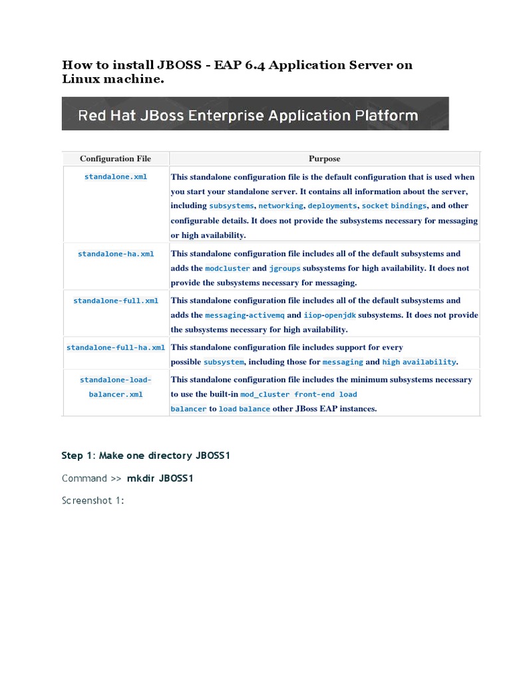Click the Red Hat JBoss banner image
pos(255,114)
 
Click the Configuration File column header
pos(115,159)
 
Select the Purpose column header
pos(324,159)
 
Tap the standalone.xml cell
pos(116,177)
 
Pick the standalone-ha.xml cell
pos(116,254)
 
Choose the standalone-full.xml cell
pos(116,301)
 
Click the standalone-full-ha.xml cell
pos(116,347)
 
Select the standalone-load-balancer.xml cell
pos(116,387)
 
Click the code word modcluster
pos(228,269)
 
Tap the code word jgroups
pos(285,269)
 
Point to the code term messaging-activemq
pos(244,315)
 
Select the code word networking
pos(281,206)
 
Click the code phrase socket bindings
pos(394,206)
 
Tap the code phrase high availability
pos(419,362)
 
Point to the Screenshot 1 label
pos(93,500)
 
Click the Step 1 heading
pos(146,456)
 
